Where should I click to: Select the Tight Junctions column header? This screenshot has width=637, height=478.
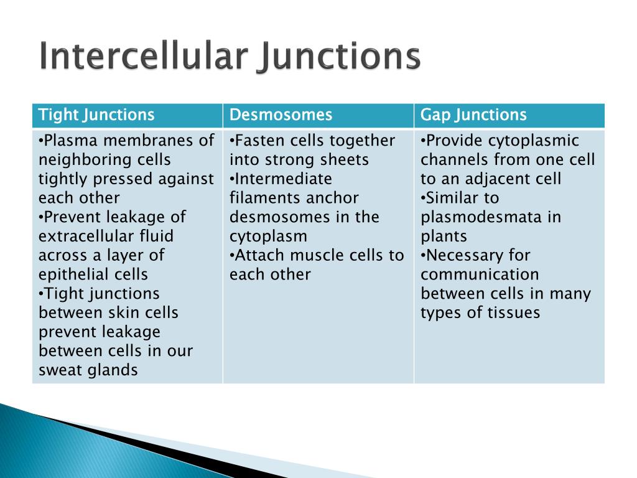pos(96,115)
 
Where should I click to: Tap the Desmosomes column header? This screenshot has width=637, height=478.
pos(281,115)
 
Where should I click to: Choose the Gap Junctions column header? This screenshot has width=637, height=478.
pos(473,115)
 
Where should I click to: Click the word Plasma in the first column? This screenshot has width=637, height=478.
pos(70,141)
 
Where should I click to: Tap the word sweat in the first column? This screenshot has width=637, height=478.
pos(60,370)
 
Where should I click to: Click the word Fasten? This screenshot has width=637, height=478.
pos(258,141)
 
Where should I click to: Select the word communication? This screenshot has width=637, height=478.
pos(480,274)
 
